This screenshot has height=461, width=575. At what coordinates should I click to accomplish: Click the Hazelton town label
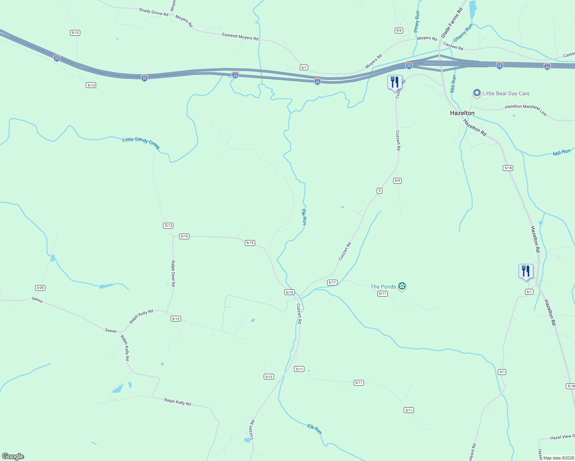[x=462, y=113]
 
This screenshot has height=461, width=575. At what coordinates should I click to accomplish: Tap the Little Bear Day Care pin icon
[x=477, y=93]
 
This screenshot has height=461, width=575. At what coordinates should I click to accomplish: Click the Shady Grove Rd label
[x=154, y=12]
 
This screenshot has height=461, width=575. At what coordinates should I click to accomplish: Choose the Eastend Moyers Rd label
[x=240, y=36]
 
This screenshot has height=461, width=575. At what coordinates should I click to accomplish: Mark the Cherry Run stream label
[x=463, y=33]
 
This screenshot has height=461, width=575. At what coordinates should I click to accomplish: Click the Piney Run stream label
[x=417, y=22]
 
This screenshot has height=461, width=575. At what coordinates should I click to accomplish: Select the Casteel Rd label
[x=453, y=46]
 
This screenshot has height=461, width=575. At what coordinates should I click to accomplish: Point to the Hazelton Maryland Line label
[x=525, y=109]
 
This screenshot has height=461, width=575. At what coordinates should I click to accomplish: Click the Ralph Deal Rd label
[x=173, y=273]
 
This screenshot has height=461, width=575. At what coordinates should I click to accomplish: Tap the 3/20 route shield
[x=40, y=288]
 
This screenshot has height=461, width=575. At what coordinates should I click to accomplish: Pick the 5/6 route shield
[x=399, y=30]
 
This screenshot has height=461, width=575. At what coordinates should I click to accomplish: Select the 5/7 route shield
[x=304, y=67]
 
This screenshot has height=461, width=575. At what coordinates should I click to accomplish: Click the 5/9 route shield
[x=397, y=181]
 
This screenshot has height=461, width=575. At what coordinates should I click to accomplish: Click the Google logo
[x=13, y=456]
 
